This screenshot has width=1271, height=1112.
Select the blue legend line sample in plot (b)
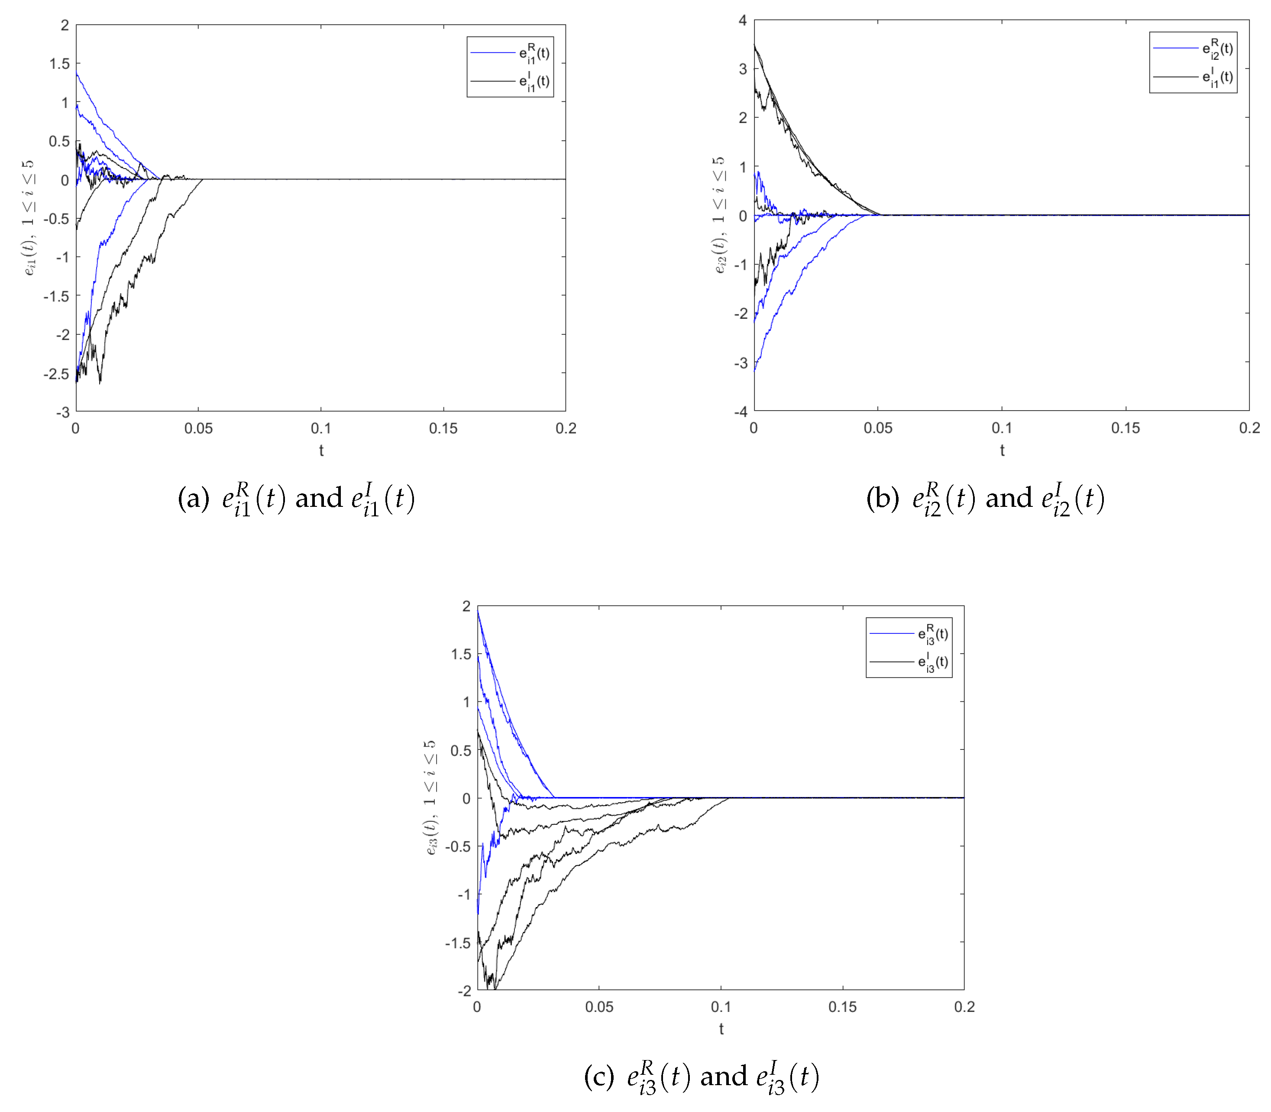[1175, 48]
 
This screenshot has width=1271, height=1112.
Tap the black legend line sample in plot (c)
[891, 661]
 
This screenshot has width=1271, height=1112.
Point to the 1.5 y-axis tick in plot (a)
[60, 64]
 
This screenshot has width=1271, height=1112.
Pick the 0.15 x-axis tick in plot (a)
[443, 428]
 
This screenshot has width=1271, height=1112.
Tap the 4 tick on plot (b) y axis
[743, 20]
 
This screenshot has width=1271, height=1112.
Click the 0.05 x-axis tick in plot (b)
[878, 428]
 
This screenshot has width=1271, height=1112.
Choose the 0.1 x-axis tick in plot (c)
[721, 1006]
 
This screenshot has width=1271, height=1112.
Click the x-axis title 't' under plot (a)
[321, 451]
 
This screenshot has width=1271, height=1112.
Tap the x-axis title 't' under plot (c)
[721, 1029]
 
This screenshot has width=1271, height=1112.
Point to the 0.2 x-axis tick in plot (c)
[964, 1006]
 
